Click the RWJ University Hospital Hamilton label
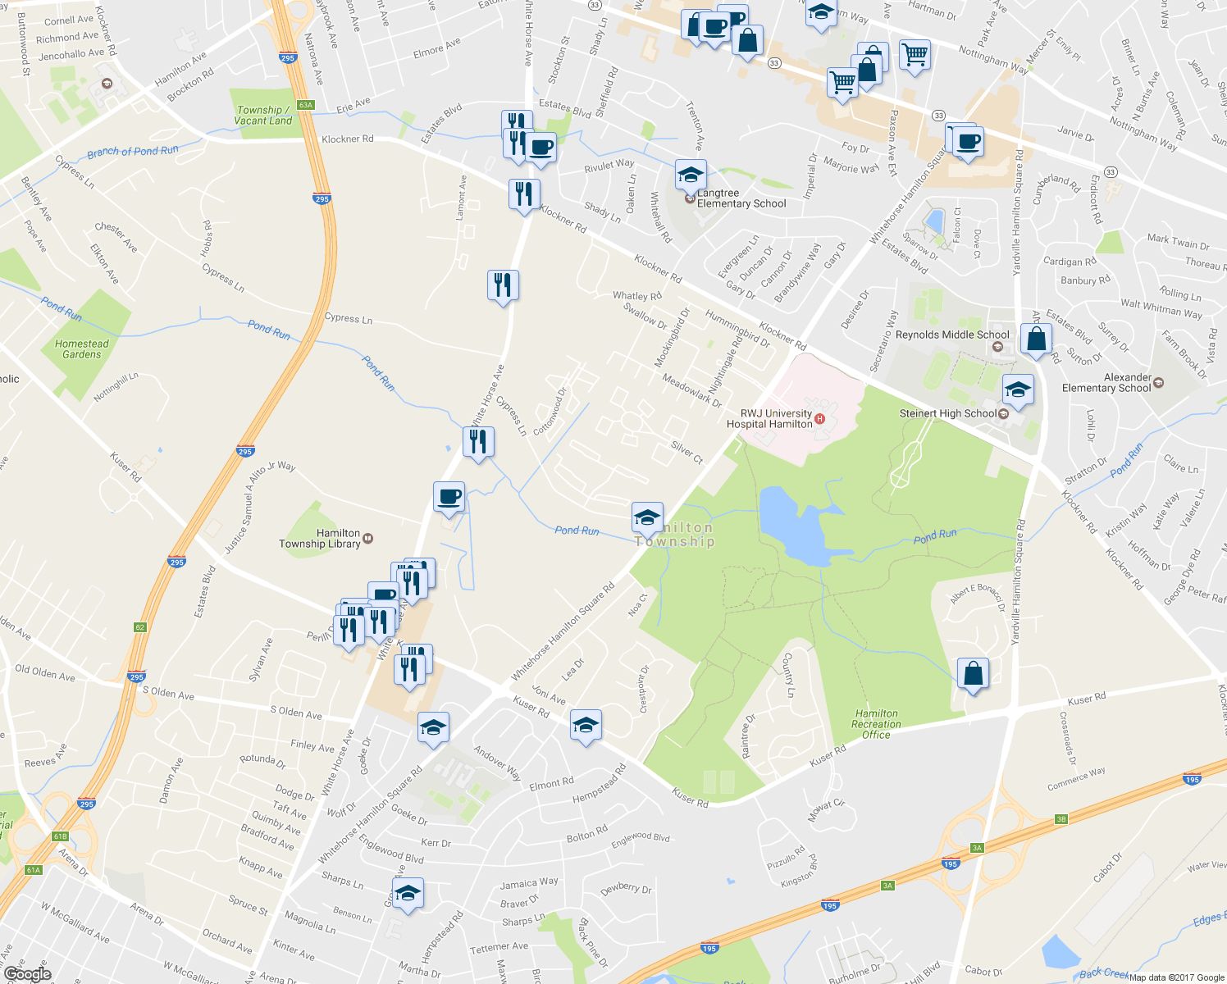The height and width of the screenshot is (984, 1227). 769,419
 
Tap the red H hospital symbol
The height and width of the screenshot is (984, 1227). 819,420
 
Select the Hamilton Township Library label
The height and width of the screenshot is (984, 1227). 320,538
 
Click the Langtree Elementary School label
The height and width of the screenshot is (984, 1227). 741,198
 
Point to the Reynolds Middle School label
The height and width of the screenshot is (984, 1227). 951,335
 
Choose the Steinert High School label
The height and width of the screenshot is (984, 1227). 947,413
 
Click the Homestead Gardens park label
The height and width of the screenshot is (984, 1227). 81,349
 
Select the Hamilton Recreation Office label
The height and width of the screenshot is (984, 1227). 876,724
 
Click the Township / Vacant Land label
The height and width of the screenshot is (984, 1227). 262,115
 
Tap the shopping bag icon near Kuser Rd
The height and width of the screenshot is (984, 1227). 972,674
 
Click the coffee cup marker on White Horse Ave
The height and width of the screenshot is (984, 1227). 449,497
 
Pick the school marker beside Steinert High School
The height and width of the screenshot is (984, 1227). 1018,389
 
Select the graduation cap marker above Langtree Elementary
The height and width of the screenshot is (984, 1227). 691,175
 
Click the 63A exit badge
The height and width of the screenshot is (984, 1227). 306,105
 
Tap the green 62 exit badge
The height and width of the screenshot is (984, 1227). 139,627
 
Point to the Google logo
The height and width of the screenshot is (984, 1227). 27,973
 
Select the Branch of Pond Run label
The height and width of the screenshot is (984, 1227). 132,152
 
